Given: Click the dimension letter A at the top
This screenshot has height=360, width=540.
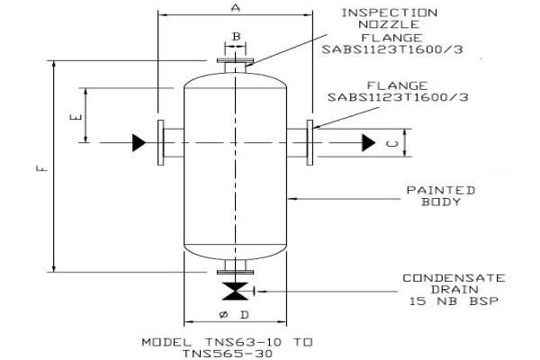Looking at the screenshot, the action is click(236, 7).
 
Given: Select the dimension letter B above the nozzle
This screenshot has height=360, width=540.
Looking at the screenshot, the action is click(236, 36).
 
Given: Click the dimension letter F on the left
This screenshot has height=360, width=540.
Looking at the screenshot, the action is click(41, 168).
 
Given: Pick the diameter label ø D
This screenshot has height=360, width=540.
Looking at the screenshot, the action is click(234, 314).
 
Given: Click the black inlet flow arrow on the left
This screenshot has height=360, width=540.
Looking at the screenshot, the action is click(139, 142).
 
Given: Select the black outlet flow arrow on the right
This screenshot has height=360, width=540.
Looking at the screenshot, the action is click(368, 142).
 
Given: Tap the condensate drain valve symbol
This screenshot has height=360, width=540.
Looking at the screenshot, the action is click(235, 291).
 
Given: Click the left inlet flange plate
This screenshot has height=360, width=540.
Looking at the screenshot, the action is click(161, 142).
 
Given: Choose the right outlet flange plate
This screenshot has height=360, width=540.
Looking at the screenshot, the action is click(310, 142).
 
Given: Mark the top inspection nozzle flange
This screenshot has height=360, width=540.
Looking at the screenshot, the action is click(235, 60).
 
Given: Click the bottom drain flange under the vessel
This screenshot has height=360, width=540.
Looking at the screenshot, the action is click(235, 272).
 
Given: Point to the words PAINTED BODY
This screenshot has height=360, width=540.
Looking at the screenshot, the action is click(441, 196).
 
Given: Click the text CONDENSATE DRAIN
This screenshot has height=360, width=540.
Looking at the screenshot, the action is click(454, 283).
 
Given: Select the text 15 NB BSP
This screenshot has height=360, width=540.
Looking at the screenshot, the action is click(454, 301).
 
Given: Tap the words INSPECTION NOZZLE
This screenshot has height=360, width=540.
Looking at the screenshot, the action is click(389, 19).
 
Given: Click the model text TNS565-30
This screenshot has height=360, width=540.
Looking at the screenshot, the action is click(228, 354).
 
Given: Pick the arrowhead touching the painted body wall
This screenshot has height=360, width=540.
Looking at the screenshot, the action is click(292, 199).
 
